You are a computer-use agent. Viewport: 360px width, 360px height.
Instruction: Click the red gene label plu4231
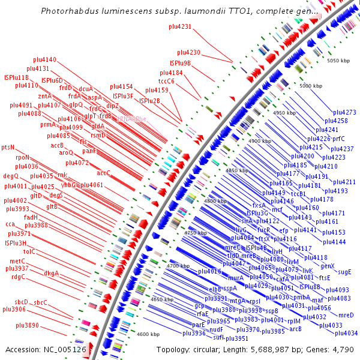point(177,27)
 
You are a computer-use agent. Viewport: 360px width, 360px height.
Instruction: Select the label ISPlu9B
point(180,63)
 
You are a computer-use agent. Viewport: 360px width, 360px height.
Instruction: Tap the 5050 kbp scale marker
point(337,61)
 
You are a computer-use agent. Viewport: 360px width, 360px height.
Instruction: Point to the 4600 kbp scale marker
point(149,334)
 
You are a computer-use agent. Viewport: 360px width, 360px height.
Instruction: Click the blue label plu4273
point(344,112)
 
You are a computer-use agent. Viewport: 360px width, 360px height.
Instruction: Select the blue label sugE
point(344,272)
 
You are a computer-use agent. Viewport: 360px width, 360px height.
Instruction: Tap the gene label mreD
point(346,315)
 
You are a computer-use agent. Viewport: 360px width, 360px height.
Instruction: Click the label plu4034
point(346,333)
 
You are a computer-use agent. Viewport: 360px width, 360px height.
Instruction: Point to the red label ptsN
point(8,147)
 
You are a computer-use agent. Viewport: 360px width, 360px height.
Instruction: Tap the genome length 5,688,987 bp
point(271,349)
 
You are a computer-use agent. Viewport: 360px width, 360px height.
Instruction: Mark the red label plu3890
point(28,325)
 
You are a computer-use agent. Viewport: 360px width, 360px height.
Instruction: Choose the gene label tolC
point(29,251)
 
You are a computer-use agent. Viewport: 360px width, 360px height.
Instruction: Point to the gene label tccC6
point(167,81)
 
